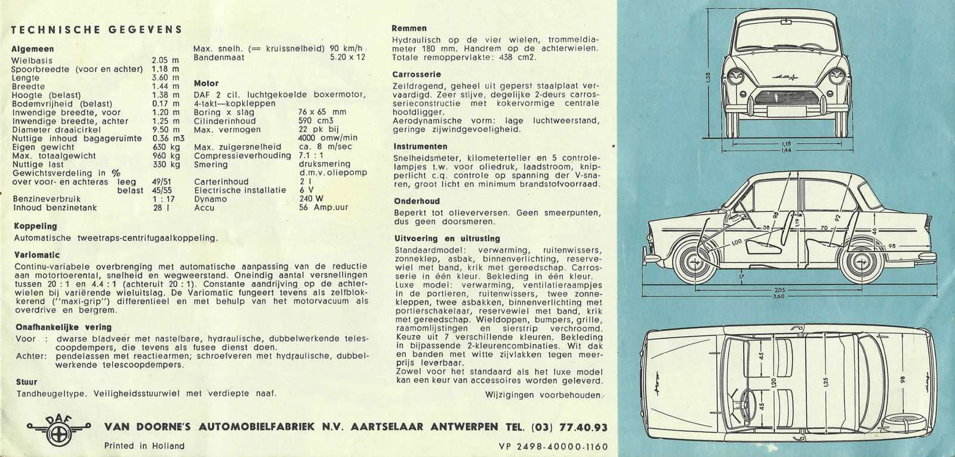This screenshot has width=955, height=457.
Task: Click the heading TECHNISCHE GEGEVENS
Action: [97, 30]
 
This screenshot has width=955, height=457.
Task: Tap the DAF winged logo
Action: [58, 427]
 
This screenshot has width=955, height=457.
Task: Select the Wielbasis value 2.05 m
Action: [165, 60]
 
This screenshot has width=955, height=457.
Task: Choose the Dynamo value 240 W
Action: [311, 199]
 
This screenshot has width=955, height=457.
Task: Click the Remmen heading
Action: [409, 28]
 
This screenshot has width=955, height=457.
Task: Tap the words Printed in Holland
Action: [144, 446]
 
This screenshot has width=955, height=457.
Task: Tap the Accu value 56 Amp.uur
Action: [323, 208]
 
